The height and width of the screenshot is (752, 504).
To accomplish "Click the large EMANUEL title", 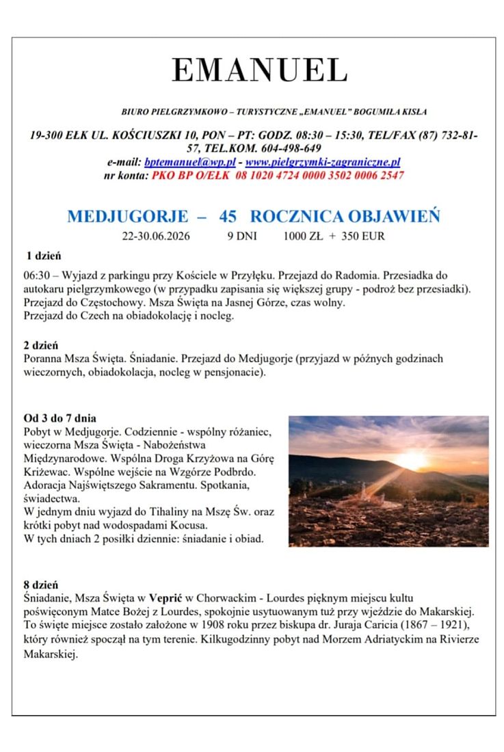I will click(259, 70).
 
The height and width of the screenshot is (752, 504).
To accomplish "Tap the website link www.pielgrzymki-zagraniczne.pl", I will click(322, 162).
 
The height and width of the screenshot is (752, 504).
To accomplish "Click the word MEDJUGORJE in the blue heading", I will click(127, 217).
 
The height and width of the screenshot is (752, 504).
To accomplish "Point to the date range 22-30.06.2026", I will click(156, 237).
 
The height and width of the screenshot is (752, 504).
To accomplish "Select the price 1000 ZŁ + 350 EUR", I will click(334, 237).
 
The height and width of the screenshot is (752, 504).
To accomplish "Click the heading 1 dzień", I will click(44, 256).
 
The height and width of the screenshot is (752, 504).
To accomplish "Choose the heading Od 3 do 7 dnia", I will click(59, 418).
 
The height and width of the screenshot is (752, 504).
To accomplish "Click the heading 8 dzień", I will click(40, 585).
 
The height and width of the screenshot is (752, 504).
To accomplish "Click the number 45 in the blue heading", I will click(228, 217).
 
